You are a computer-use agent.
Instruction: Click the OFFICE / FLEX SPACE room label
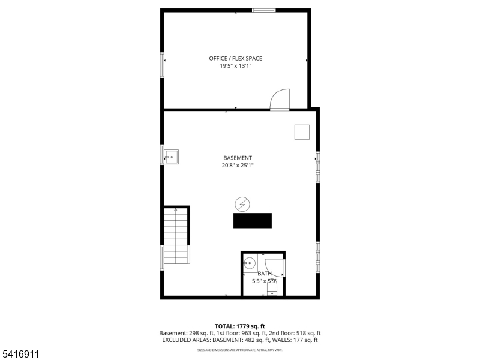pyautogui.click(x=235, y=58)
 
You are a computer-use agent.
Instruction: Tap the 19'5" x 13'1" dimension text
pyautogui.click(x=235, y=66)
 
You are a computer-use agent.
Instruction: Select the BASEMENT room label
pyautogui.click(x=238, y=158)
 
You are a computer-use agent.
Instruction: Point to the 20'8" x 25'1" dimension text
pyautogui.click(x=238, y=166)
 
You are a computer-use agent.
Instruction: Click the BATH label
pyautogui.click(x=265, y=274)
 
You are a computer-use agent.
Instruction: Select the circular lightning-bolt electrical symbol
pyautogui.click(x=242, y=204)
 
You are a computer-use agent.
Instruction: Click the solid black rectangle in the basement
pyautogui.click(x=252, y=220)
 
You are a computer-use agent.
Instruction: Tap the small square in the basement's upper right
pyautogui.click(x=302, y=132)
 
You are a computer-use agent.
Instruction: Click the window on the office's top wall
pyautogui.click(x=263, y=10)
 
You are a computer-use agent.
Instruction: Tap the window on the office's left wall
pyautogui.click(x=162, y=65)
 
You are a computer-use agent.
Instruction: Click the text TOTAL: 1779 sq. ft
pyautogui.click(x=239, y=326)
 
